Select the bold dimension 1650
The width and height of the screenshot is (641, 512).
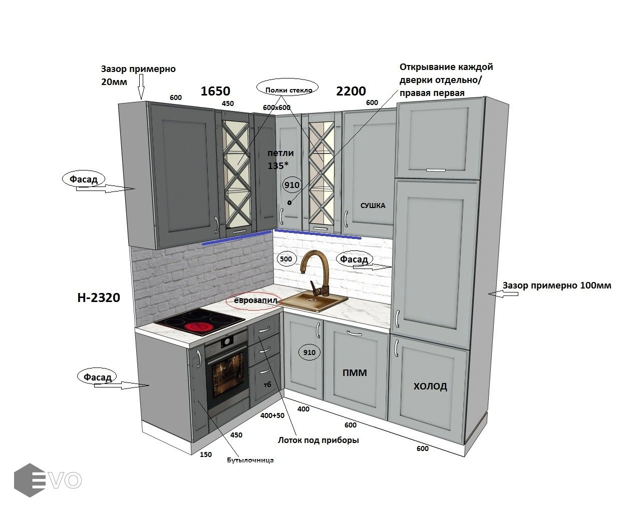[215, 91]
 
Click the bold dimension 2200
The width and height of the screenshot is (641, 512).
[351, 91]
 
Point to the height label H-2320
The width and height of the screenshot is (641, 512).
[99, 297]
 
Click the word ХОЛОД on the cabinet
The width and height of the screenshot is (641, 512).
[430, 386]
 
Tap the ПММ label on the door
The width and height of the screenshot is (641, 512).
[355, 372]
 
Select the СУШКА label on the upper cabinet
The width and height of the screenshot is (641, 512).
[373, 205]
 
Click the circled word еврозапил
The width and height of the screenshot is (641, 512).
[255, 300]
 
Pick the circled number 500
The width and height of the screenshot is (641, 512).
[285, 259]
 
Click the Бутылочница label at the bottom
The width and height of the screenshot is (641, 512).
[250, 460]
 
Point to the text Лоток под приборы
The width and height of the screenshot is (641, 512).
[318, 440]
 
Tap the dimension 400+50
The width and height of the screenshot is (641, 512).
[272, 415]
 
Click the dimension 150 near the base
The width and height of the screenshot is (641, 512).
[206, 454]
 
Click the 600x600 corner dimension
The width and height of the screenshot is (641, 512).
[276, 107]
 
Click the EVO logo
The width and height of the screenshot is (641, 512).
[48, 480]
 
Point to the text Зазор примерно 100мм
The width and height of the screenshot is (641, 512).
[557, 285]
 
